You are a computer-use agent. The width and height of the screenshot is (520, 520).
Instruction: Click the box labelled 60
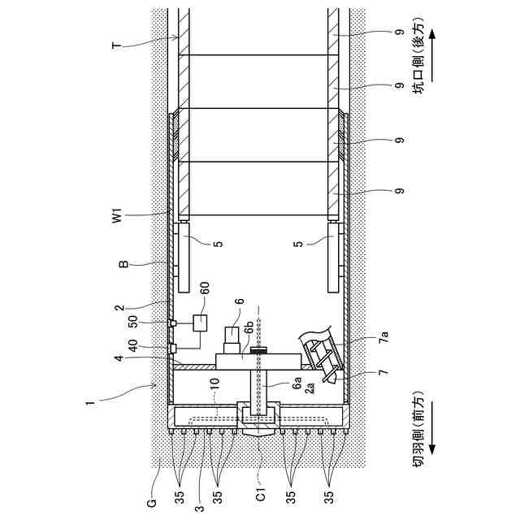click(200, 323)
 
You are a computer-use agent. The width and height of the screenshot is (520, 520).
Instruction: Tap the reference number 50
click(133, 321)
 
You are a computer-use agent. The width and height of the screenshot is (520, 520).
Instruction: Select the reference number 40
click(133, 347)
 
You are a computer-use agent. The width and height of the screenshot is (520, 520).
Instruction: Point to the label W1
click(117, 215)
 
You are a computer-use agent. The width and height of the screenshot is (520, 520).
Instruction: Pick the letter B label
click(123, 263)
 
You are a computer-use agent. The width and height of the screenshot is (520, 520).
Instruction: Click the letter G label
click(151, 503)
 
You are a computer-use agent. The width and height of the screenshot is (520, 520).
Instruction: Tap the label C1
click(262, 494)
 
